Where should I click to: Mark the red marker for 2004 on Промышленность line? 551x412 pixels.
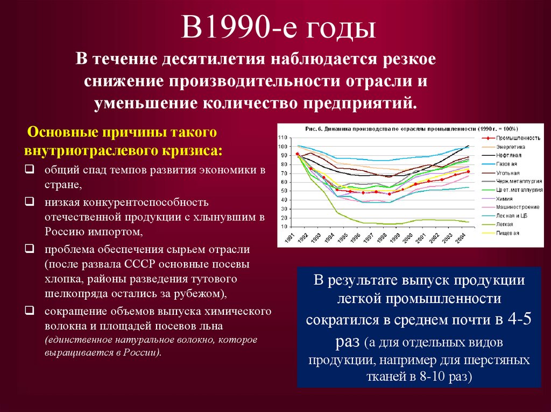pos(468,172)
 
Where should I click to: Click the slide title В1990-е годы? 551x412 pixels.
pos(278,28)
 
